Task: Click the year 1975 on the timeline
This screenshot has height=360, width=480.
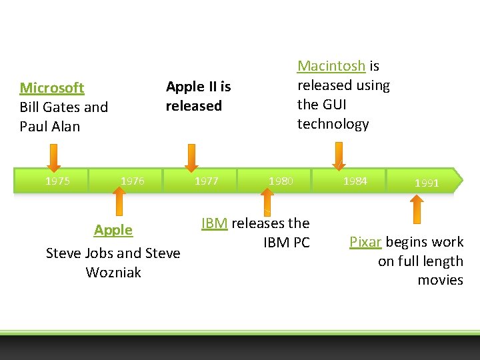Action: click(57, 181)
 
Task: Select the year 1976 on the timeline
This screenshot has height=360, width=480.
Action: click(132, 181)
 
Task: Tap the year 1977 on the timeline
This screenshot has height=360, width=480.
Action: click(206, 181)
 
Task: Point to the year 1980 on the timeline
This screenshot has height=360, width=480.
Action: click(280, 181)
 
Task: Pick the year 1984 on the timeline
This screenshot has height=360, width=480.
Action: click(355, 181)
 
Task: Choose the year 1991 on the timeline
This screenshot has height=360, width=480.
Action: click(427, 183)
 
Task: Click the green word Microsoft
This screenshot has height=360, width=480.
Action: click(52, 88)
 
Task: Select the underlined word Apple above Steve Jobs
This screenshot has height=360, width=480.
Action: click(113, 230)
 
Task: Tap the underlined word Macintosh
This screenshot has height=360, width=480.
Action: click(331, 66)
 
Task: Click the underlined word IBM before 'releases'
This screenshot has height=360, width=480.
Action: click(214, 223)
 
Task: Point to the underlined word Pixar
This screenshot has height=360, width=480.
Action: click(365, 242)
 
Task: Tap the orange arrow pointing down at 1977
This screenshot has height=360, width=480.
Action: click(191, 159)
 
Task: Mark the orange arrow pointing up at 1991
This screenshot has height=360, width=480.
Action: click(416, 208)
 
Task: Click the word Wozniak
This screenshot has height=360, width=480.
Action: click(113, 272)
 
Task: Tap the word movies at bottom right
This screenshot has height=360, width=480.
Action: click(440, 280)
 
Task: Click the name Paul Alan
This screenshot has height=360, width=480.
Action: click(50, 127)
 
